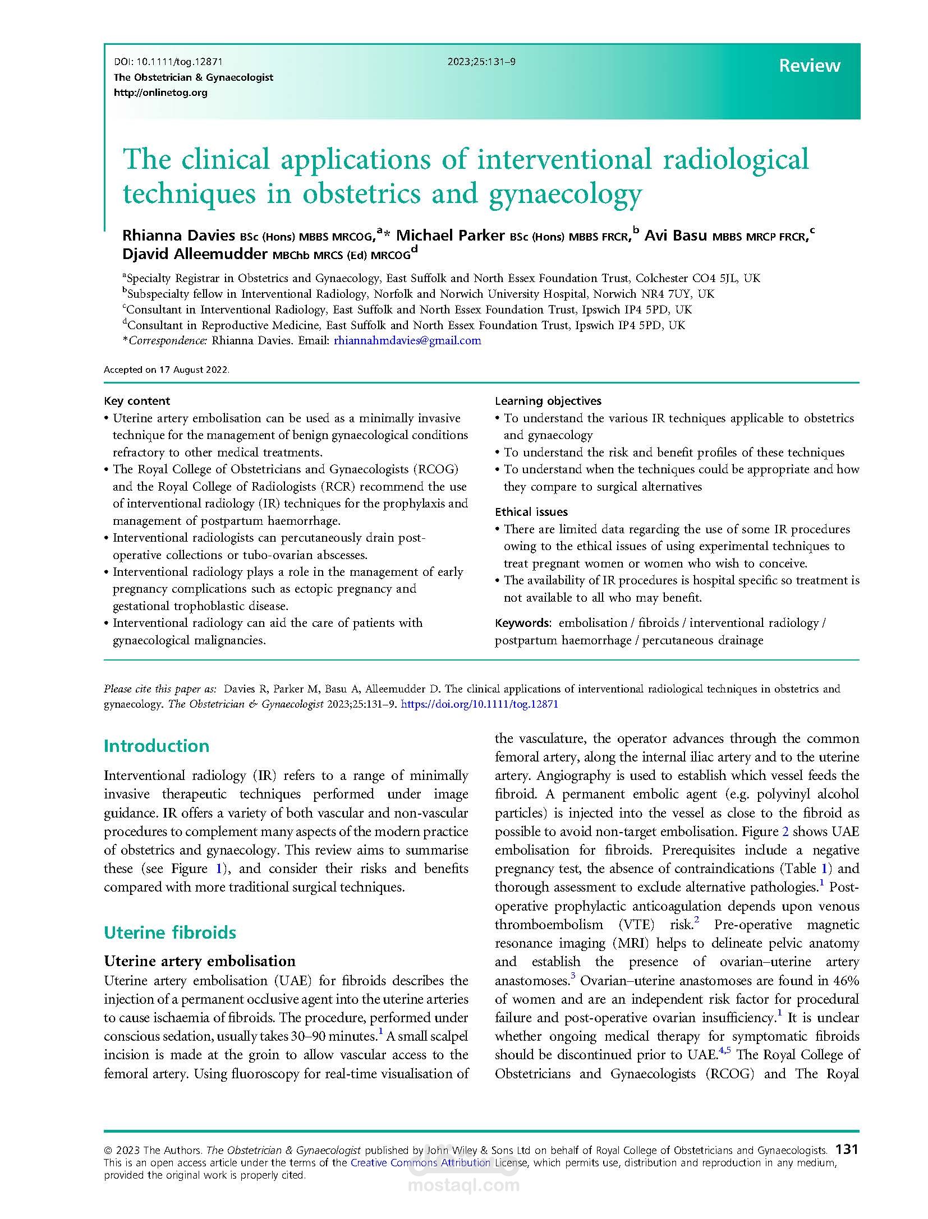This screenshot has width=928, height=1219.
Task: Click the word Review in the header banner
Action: (809, 66)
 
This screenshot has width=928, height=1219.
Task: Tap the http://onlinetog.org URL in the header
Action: (160, 93)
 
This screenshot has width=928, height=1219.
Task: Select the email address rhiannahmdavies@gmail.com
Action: (407, 340)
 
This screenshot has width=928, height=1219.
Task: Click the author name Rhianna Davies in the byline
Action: (179, 236)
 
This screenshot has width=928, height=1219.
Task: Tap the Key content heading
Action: (137, 401)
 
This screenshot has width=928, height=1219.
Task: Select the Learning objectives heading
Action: (548, 401)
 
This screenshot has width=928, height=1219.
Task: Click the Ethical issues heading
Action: (531, 512)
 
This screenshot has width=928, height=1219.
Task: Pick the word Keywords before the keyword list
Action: (522, 623)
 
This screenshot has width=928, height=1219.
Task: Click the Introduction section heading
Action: (157, 746)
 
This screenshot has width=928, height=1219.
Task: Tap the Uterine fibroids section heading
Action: (170, 932)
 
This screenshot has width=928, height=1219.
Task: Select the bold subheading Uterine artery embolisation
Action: (200, 961)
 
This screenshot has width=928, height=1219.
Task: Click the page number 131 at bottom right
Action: (847, 1149)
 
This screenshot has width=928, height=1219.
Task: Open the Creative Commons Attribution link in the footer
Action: (420, 1163)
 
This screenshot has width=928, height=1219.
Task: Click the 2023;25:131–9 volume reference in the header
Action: (481, 62)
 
